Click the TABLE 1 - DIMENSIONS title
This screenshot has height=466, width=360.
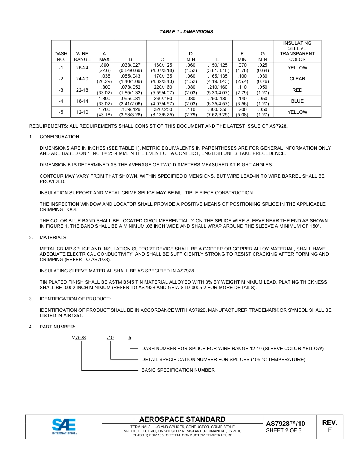pos(186,32)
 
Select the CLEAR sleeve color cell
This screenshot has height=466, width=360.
pos(297,79)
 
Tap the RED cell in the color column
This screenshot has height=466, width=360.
pos(297,90)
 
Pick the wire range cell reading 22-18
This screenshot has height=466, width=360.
pos(82,90)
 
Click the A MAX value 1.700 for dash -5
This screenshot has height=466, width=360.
pos(104,112)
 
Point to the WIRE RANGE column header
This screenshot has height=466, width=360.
pos(82,57)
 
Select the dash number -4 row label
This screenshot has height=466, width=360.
pos(61,101)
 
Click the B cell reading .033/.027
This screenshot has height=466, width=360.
pos(130,68)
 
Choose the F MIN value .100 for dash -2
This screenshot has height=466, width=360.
pos(242,79)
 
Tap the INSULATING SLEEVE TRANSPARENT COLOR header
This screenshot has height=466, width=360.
pos(297,51)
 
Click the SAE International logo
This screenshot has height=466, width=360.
pos(64,427)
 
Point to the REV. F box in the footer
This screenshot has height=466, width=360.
pos(329,427)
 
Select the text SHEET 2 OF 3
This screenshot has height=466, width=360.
pos(284,430)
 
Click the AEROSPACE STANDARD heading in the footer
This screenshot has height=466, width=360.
pos(182,419)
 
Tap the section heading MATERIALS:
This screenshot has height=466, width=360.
pos(53,238)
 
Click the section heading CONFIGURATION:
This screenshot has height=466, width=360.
pos(60,137)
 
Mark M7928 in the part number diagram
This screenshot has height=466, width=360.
pos(79,338)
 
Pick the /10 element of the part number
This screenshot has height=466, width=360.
pos(110,338)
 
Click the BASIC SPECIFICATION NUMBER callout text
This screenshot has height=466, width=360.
pos(178,370)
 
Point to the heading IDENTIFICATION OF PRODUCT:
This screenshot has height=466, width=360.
pos(75,299)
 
